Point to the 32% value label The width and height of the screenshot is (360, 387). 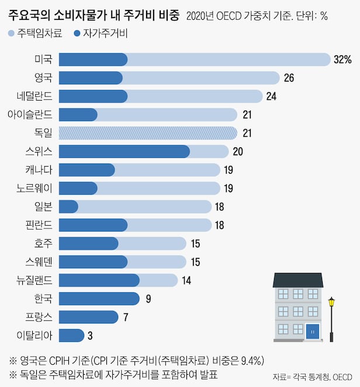tap(342, 59)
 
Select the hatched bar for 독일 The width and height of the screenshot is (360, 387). tap(148, 133)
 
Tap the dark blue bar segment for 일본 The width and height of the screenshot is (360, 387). tap(69, 206)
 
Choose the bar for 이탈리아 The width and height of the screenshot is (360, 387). tap(72, 336)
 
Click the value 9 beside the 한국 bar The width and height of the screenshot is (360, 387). tap(148, 299)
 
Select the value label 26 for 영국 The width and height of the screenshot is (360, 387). tap(288, 78)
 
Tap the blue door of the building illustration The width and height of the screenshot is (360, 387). tap(312, 331)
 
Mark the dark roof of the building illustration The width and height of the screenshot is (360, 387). tap(298, 279)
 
